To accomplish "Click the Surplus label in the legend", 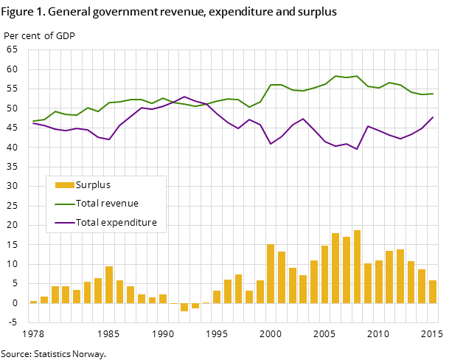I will (x=93, y=185).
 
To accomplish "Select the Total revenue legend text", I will (x=107, y=204).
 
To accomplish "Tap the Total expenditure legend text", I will (x=116, y=223).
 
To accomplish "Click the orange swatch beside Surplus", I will (x=65, y=185).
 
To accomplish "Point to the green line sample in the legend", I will (x=65, y=204).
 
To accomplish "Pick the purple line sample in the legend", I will (x=65, y=223).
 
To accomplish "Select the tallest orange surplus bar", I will (x=357, y=266).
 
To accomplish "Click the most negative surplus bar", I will (x=184, y=307).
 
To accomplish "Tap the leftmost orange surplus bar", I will (x=33, y=302).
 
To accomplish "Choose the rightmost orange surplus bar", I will (x=433, y=291).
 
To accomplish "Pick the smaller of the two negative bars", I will (x=195, y=305).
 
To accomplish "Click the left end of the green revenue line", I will (x=33, y=121).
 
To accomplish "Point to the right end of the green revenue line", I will (x=433, y=94).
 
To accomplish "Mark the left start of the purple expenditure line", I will (x=33, y=123).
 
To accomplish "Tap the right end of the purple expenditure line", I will (x=433, y=117).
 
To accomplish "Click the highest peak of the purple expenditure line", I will (x=184, y=97).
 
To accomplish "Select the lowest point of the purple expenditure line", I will (x=357, y=149).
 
